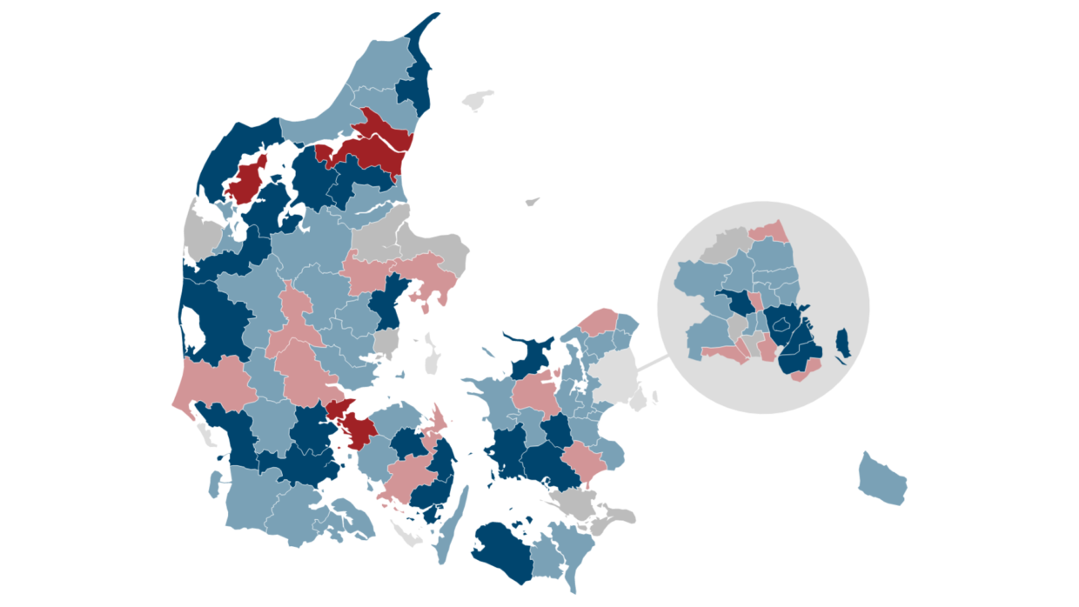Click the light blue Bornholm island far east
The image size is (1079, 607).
tap(881, 481)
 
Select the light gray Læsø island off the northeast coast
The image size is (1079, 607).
tap(477, 101)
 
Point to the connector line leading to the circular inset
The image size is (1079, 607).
tap(653, 364)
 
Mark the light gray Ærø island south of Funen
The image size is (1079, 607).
tap(406, 534)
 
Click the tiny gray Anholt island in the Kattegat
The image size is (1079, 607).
tap(533, 202)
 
